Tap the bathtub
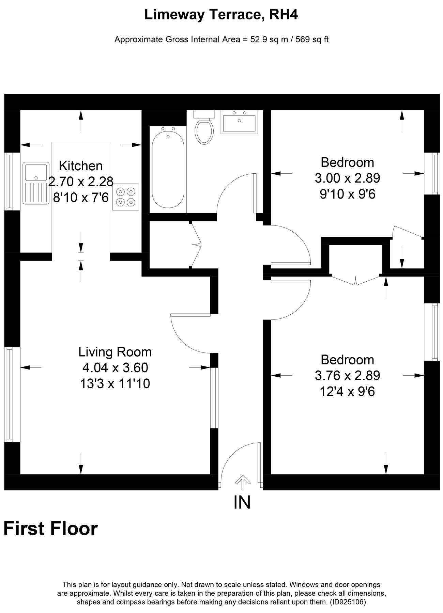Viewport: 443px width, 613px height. click(168, 170)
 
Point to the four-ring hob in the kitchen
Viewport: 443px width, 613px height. click(126, 197)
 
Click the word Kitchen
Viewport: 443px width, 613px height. click(81, 166)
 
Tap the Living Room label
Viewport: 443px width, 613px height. click(115, 352)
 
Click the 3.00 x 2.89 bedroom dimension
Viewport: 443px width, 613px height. click(347, 178)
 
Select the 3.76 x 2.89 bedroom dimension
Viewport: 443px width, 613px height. click(347, 375)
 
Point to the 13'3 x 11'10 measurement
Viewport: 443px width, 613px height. click(115, 384)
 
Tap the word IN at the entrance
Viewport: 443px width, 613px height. click(242, 502)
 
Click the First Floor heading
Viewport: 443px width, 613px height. click(50, 529)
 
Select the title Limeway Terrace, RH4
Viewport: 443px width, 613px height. click(221, 15)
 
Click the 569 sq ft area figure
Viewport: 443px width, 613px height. click(312, 40)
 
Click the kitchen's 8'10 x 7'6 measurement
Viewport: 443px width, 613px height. click(81, 197)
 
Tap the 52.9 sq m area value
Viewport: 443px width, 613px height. click(269, 40)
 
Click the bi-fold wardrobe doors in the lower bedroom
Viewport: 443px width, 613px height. click(355, 280)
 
